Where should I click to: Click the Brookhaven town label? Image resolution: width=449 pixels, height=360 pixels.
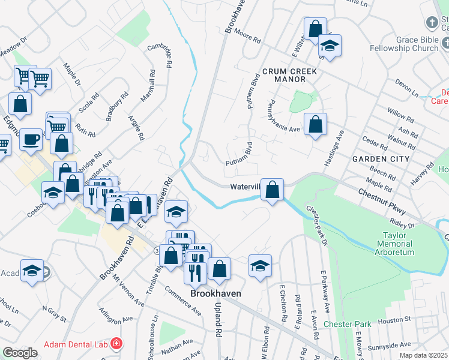click(215, 293)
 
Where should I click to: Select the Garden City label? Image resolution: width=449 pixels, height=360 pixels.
click(381, 159)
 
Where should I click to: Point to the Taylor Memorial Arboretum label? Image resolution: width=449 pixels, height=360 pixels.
click(395, 244)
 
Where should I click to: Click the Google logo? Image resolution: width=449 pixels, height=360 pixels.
click(20, 353)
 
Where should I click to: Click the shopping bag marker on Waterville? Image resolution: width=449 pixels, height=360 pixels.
click(273, 191)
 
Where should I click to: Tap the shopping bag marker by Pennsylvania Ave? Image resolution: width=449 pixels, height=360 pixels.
click(315, 125)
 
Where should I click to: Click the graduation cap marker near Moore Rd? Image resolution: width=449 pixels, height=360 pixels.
click(329, 45)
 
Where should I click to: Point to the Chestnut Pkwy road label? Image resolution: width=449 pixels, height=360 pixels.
click(382, 202)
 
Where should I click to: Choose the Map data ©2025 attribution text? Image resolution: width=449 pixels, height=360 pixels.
click(423, 355)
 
